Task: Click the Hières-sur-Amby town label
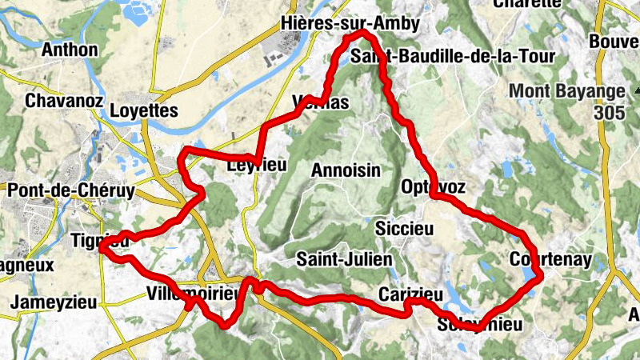tap(350, 24)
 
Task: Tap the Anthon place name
tap(70, 50)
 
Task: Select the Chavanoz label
tap(60, 102)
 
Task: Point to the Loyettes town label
tap(144, 111)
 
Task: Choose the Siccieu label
tap(404, 229)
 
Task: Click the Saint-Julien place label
tap(344, 259)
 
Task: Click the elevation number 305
tap(610, 114)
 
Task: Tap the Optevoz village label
tap(430, 186)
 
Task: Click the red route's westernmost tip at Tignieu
tap(101, 248)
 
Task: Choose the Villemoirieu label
tap(194, 294)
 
